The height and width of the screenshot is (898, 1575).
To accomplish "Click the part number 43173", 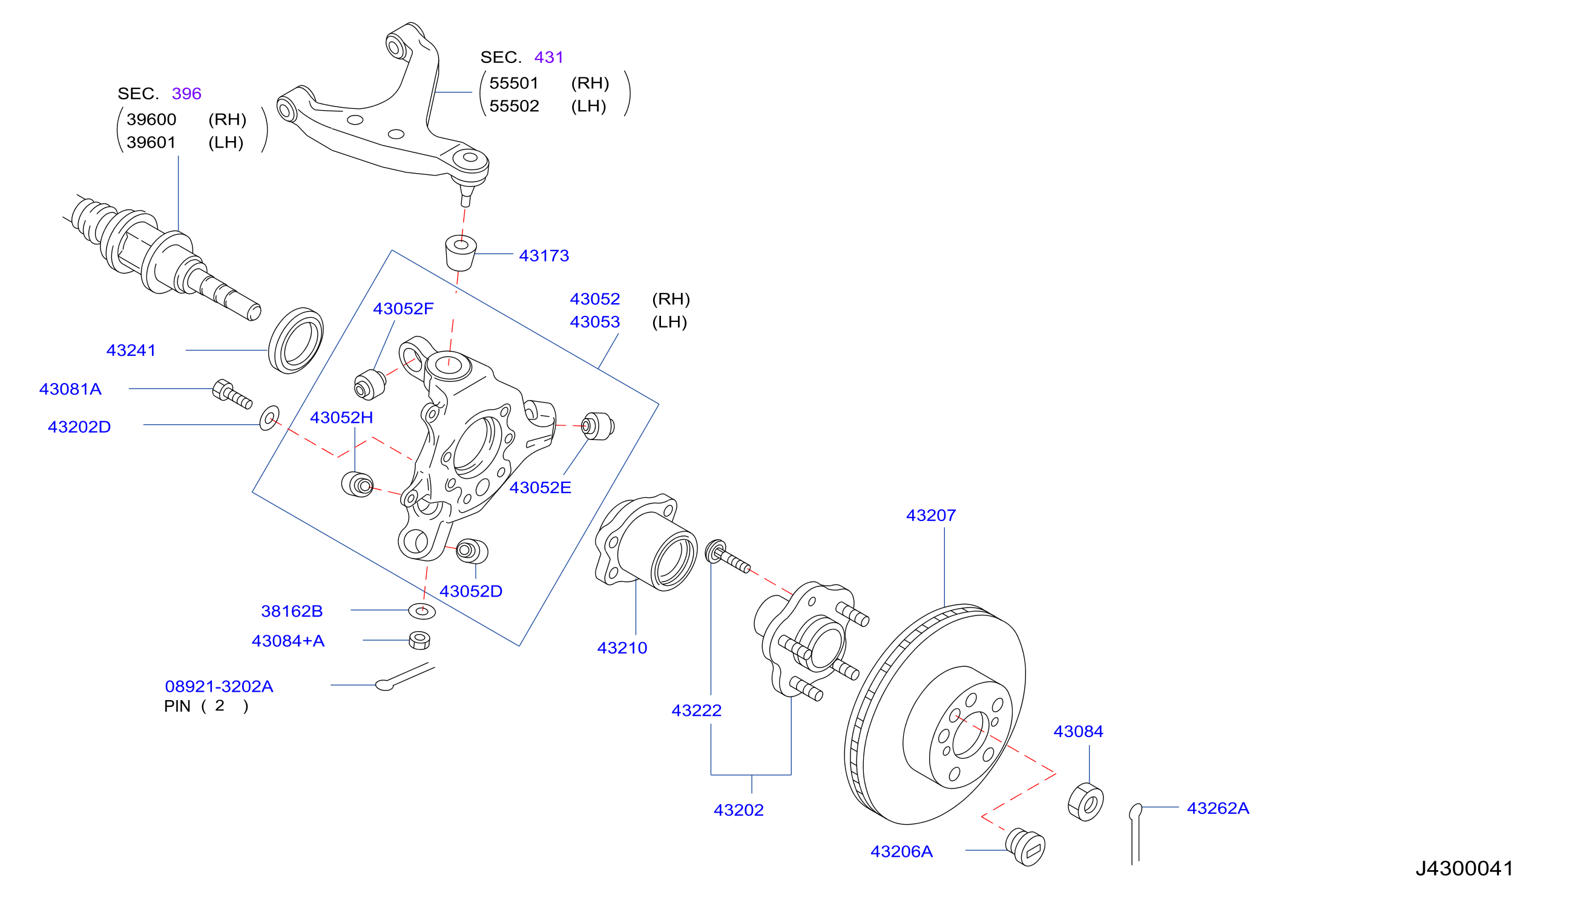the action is [544, 255].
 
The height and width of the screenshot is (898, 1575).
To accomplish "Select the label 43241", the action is [131, 350].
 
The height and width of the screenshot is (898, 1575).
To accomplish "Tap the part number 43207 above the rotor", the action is [930, 515].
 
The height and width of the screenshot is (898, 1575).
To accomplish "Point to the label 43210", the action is [622, 647].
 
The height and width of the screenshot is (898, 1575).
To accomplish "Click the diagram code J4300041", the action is [1464, 868].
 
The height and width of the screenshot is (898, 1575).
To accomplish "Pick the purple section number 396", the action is [186, 93].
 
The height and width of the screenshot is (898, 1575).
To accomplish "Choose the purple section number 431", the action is [548, 57].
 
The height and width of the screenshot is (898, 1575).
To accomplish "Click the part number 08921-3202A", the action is [219, 686].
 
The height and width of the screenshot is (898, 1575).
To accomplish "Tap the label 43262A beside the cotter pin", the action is [1218, 808].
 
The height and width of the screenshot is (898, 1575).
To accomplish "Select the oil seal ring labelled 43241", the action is [295, 341].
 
